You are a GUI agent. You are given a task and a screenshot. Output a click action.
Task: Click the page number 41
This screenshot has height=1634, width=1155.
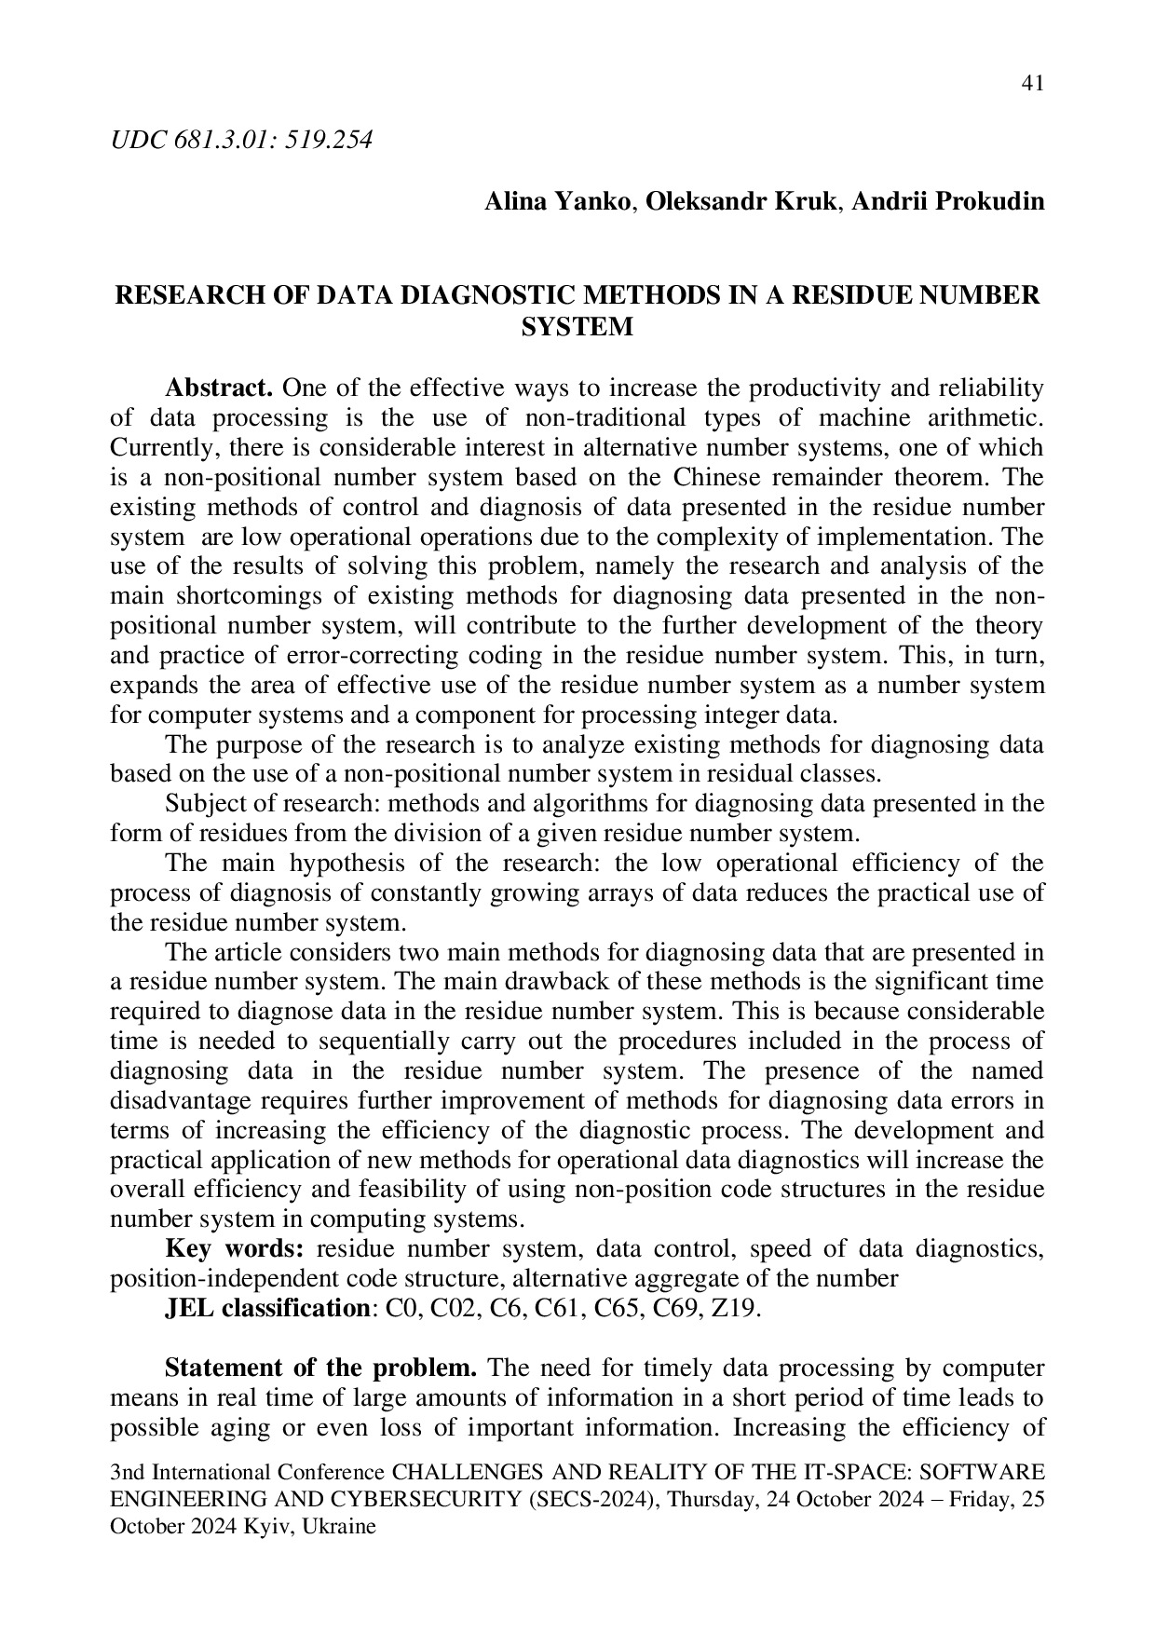point(1032,84)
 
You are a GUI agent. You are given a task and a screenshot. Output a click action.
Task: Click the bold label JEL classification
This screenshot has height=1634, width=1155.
point(267,1308)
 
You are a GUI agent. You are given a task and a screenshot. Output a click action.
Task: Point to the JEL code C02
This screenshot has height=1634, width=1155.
point(452,1308)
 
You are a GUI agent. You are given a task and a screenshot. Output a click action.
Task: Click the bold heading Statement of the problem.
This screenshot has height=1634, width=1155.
point(321,1368)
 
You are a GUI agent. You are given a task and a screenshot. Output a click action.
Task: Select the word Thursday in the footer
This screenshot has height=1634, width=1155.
point(711,1498)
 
